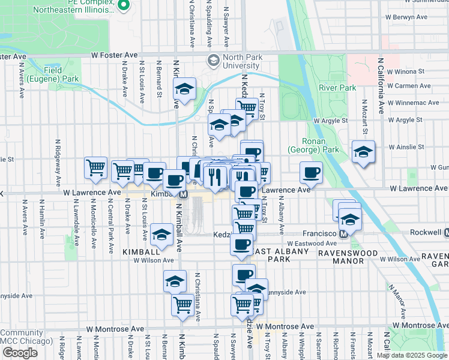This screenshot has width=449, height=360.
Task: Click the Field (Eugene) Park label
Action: point(61,74)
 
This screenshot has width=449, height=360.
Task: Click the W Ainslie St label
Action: point(406,146)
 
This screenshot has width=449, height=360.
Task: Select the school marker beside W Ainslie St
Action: point(364,152)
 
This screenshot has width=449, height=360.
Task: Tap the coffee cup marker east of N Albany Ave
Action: point(311,173)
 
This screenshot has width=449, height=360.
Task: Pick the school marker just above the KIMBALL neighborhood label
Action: point(161,236)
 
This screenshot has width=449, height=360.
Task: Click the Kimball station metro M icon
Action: point(184,194)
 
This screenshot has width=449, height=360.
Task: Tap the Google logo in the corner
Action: point(20,353)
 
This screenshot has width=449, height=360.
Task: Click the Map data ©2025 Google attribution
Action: point(412,355)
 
